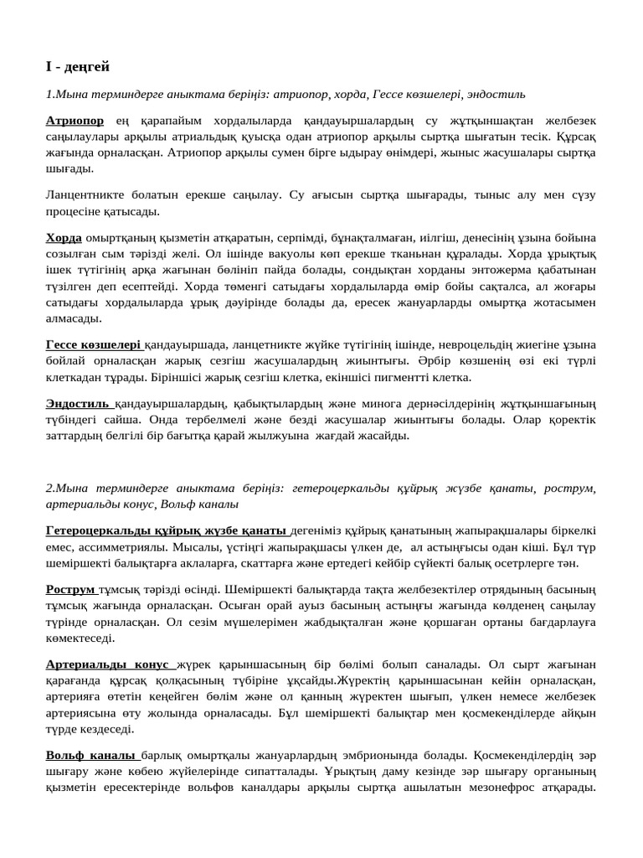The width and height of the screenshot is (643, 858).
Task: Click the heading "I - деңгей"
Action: pos(78,66)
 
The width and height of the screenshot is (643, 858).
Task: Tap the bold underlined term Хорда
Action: pos(64,239)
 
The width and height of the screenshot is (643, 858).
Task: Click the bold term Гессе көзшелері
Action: pos(93,344)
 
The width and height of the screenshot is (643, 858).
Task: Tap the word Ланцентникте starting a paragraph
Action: pos(86,195)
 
